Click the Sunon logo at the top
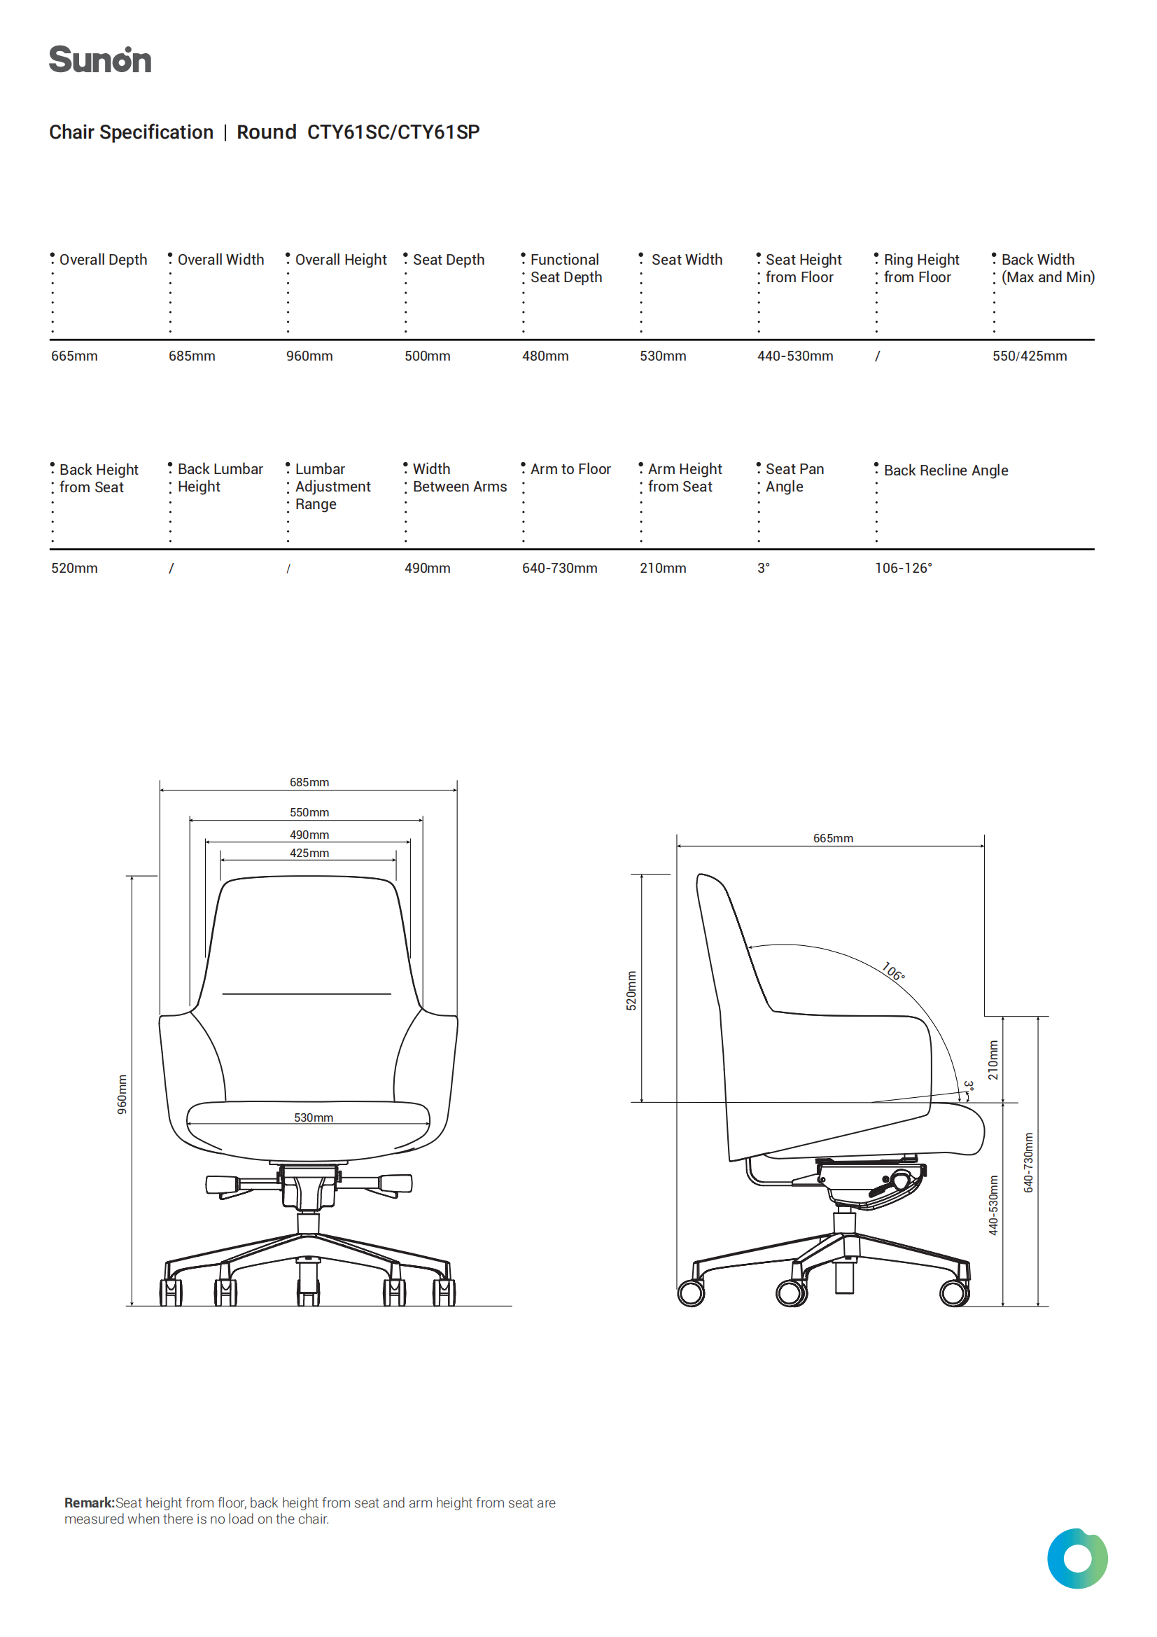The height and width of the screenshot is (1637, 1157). (x=100, y=60)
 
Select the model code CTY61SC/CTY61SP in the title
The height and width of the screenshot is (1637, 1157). (x=393, y=132)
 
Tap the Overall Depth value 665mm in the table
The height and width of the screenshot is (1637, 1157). (x=74, y=356)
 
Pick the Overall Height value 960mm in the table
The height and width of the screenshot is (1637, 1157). (x=309, y=356)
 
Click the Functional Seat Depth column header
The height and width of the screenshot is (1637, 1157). (x=566, y=268)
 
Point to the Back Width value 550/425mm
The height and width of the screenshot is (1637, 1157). (x=1030, y=356)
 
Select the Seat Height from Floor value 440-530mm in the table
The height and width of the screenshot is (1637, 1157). (x=795, y=356)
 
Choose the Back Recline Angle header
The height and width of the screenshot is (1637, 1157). (x=946, y=471)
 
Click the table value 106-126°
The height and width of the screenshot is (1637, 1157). (x=903, y=569)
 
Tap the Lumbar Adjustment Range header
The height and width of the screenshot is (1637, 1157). (x=333, y=486)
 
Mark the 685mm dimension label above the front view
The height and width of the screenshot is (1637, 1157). (x=309, y=782)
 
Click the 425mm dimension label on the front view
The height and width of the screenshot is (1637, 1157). (x=309, y=853)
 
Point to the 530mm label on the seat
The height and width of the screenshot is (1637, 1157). (x=314, y=1117)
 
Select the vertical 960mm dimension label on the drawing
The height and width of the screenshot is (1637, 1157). (x=122, y=1094)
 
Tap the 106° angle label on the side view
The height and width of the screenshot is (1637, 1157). (x=893, y=971)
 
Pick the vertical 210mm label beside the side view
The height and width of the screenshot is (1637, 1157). (x=993, y=1060)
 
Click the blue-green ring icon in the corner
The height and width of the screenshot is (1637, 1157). (x=1077, y=1559)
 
